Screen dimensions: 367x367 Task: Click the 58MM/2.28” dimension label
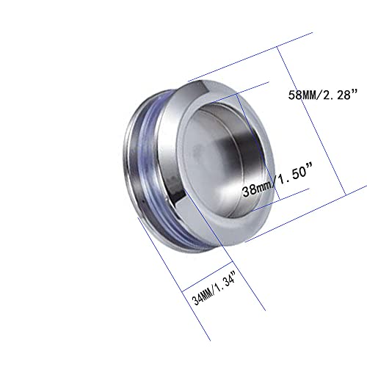tap(323, 95)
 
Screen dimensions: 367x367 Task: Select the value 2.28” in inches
tap(341, 94)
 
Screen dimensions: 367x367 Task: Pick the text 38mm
tap(257, 189)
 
